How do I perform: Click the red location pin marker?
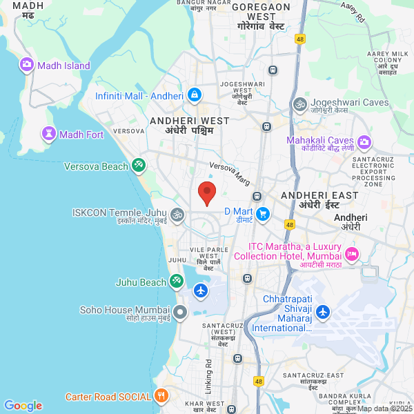[206, 193]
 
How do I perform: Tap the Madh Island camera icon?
[27, 65]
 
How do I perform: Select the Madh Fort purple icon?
[49, 134]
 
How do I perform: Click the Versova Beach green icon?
[139, 166]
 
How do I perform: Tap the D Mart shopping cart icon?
[262, 215]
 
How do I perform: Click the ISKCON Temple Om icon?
[177, 215]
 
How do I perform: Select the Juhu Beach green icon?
[177, 282]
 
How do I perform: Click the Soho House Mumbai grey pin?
[180, 312]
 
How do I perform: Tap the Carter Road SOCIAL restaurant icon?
[161, 396]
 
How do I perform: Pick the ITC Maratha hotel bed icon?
[352, 254]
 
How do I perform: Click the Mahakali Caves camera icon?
[364, 142]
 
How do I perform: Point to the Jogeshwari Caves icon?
[299, 104]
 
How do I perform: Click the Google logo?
[23, 406]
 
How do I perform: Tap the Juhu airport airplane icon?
[201, 290]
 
